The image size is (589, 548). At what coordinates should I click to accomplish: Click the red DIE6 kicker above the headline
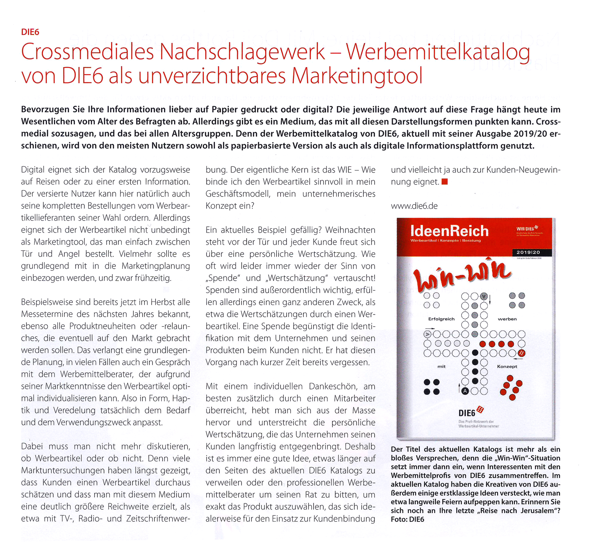[30, 32]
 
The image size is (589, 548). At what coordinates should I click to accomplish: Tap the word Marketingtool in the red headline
[357, 76]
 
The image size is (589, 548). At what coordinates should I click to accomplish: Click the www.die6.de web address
[414, 206]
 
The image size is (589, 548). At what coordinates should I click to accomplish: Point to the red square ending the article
[444, 182]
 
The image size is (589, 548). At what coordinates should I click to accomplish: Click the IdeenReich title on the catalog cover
[449, 231]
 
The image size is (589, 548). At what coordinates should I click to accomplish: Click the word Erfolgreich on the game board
[441, 319]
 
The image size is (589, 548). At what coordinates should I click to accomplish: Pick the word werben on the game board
[507, 319]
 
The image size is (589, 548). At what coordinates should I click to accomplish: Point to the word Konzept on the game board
[507, 366]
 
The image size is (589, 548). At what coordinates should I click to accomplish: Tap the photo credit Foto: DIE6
[407, 519]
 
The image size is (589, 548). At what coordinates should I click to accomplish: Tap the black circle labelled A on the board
[465, 391]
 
